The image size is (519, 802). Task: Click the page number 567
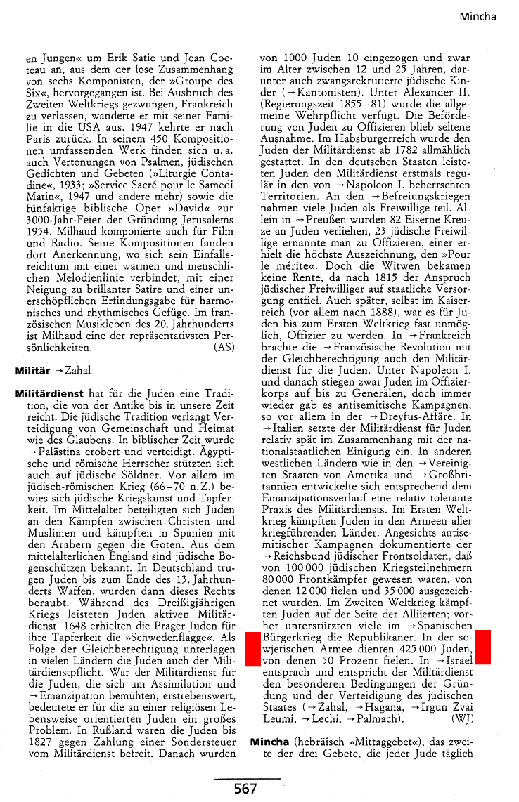245,789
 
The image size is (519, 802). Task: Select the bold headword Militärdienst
49,394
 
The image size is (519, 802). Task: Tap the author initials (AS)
224,347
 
